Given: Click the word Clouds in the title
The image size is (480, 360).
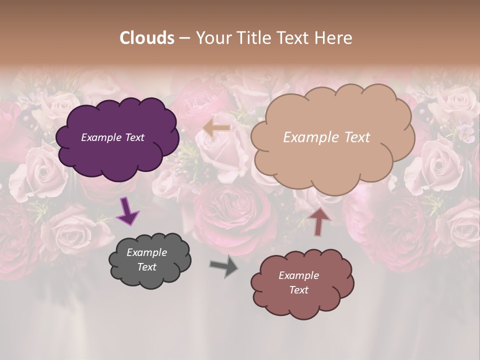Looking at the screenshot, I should (x=147, y=38).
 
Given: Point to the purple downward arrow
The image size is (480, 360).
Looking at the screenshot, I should (x=127, y=210).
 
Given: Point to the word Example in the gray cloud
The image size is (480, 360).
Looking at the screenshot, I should (x=146, y=252).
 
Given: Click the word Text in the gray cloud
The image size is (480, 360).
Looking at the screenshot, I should (x=146, y=267).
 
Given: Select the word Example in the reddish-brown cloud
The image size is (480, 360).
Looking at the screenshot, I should (x=298, y=275).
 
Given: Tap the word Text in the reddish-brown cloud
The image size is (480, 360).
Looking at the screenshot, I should (x=298, y=290).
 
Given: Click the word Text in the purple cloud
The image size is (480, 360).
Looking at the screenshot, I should (x=134, y=137).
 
